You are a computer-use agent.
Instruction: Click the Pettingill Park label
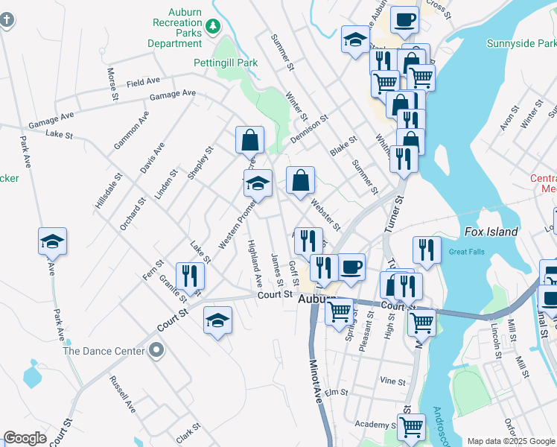[226, 63]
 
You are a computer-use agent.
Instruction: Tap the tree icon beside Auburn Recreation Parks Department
[214, 26]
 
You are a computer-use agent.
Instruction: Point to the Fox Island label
[491, 232]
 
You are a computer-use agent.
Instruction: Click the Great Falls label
[467, 252]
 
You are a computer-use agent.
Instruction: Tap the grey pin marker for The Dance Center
[156, 349]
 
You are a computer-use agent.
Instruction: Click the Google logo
[25, 438]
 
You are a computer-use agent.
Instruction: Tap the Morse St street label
[113, 84]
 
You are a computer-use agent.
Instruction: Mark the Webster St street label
[325, 214]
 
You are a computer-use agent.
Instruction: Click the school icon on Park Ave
[53, 241]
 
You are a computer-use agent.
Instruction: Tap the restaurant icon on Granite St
[190, 276]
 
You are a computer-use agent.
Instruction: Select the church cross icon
[7, 18]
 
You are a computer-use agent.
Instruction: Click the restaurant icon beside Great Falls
[427, 250]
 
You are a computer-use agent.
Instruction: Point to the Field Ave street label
[144, 81]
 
